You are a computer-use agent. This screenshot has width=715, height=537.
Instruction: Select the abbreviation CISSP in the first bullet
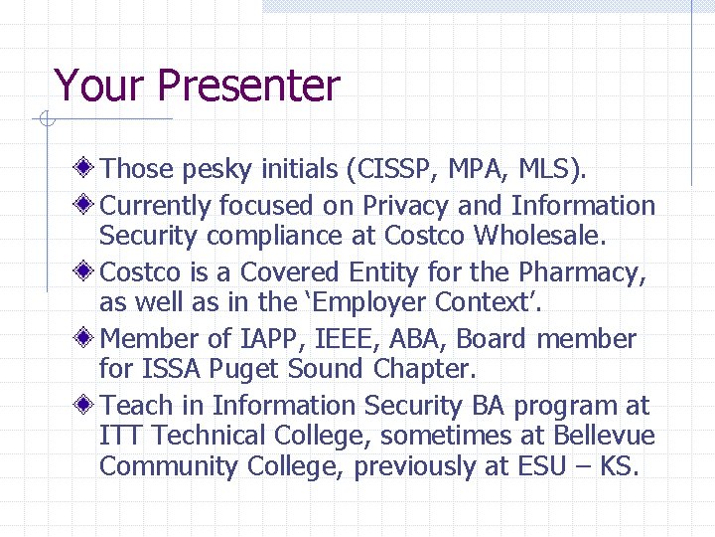click(390, 170)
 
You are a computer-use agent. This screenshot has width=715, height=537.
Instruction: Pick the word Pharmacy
click(589, 271)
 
